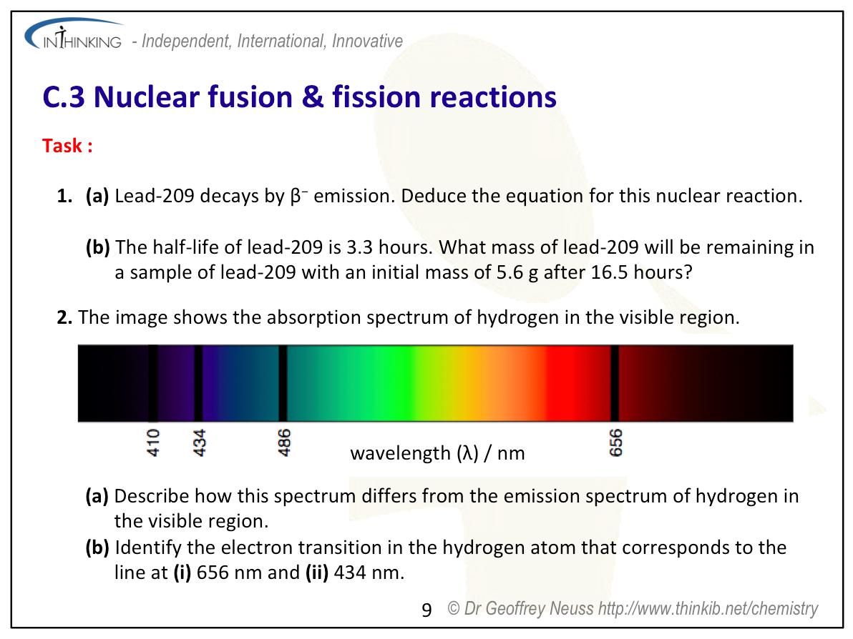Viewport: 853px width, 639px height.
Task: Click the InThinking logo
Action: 74,34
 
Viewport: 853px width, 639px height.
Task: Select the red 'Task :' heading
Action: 67,146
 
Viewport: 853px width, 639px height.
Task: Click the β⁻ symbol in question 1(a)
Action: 298,196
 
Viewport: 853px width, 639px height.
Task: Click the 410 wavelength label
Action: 153,442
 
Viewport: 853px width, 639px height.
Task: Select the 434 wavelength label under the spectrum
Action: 200,442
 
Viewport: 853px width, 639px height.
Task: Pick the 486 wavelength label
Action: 284,442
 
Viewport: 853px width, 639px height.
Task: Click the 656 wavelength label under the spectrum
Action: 615,442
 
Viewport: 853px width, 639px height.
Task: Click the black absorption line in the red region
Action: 615,383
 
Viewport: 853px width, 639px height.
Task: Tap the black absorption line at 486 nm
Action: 283,383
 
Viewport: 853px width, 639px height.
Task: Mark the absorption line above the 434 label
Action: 198,383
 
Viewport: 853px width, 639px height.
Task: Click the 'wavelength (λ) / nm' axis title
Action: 437,452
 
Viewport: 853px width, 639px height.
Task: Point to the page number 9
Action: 426,610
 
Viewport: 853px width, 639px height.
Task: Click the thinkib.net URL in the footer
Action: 708,608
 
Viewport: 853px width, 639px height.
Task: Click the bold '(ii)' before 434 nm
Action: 317,573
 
